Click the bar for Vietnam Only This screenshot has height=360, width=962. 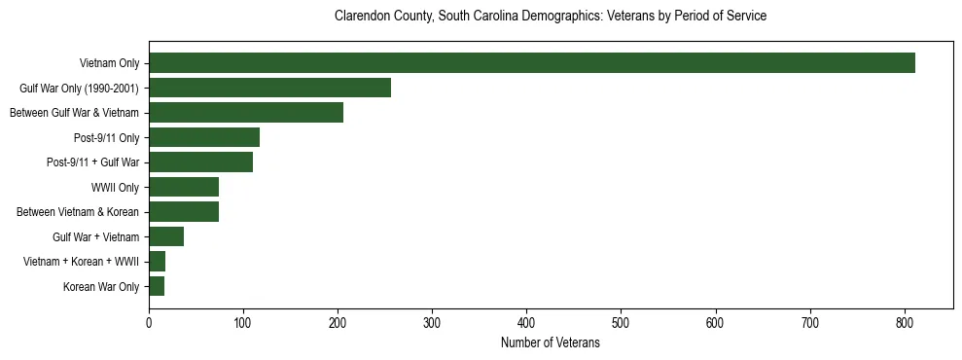pos(532,63)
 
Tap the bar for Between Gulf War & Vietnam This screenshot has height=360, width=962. pos(246,113)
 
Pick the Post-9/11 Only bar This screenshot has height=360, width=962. pos(204,137)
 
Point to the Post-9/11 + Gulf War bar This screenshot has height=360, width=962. pos(200,162)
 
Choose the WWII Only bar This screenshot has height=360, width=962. pos(184,187)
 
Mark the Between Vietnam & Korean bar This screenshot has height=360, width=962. pos(184,212)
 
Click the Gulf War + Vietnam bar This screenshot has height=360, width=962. pos(166,236)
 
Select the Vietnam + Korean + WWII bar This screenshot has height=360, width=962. pos(158,262)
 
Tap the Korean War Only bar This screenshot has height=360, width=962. pos(157,286)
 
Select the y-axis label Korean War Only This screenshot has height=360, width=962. pos(101,287)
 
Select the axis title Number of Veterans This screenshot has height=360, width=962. pos(550,343)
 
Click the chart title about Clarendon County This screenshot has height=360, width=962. pos(550,17)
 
